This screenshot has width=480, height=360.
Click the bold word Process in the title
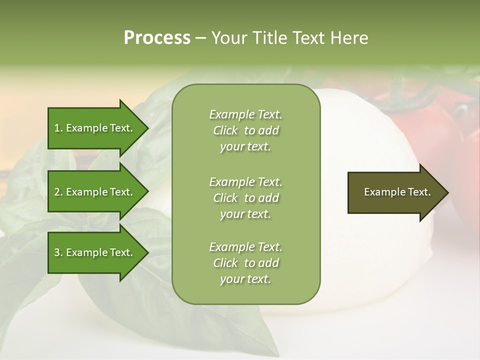[157, 37]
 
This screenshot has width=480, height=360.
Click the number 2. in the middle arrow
[58, 192]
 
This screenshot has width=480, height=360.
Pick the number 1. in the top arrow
[58, 128]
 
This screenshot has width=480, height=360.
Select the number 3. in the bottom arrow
[58, 252]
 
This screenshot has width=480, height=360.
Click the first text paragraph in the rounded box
[245, 130]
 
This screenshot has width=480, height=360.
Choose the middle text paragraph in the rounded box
[245, 198]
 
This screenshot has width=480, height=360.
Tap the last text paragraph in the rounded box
[245, 263]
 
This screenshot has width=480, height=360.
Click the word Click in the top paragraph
[225, 130]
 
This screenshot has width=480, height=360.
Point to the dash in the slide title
[201, 38]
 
